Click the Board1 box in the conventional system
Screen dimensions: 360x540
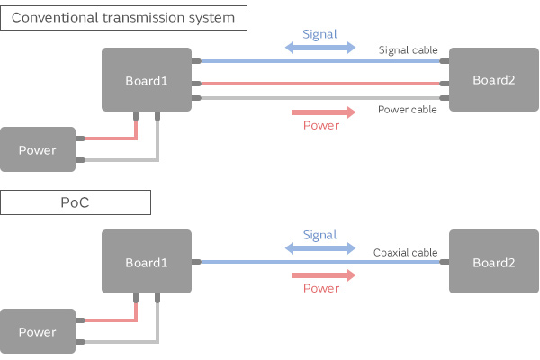click(147, 80)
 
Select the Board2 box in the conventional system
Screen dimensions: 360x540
click(493, 80)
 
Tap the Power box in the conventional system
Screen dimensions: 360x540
click(37, 149)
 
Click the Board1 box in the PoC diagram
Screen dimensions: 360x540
click(147, 262)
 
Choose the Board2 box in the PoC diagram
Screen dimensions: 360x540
click(493, 262)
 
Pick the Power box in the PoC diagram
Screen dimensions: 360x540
click(37, 331)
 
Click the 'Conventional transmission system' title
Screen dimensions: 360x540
click(124, 17)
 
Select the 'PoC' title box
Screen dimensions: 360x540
click(76, 203)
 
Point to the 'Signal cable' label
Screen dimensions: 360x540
click(408, 50)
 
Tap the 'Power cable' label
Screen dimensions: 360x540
click(408, 109)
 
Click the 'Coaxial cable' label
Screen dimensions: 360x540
click(405, 253)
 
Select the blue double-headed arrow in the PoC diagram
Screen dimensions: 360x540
click(320, 249)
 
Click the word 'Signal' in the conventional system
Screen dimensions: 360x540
click(320, 35)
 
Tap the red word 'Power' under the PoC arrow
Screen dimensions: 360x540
click(320, 288)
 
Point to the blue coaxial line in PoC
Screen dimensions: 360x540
click(270, 262)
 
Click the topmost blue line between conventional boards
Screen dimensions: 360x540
click(315, 62)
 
